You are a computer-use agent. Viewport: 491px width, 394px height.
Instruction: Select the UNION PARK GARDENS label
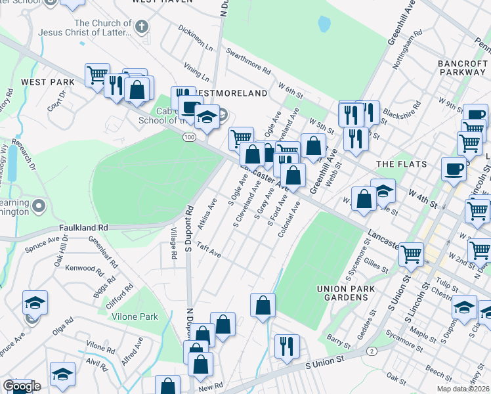345,293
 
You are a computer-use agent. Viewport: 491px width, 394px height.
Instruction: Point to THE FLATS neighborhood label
402,164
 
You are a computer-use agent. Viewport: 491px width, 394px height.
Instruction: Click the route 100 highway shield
189,136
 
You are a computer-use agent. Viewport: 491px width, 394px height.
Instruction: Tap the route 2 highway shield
372,351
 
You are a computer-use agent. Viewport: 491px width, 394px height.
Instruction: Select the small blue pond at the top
324,24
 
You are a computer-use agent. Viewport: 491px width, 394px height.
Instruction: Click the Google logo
21,386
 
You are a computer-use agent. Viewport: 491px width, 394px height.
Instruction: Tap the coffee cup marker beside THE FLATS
454,169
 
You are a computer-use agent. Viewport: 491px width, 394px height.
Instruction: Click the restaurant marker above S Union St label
286,344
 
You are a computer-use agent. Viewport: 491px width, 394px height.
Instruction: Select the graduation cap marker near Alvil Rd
63,373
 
